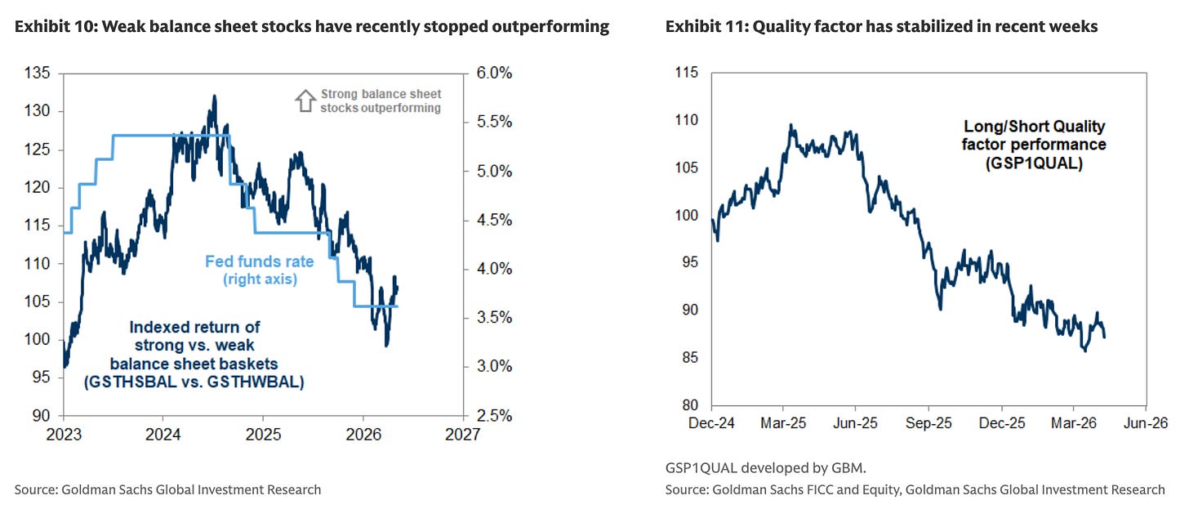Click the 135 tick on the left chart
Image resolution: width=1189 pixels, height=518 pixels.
pos(37,73)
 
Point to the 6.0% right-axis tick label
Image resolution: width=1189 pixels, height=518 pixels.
pos(494,73)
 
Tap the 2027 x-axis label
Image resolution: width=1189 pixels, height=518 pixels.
pos(462,435)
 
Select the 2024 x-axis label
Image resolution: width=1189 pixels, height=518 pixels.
pos(163,435)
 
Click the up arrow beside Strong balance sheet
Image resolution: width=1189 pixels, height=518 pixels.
pos(305,100)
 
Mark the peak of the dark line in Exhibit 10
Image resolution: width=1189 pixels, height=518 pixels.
pos(215,96)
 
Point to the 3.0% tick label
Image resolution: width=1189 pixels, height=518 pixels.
pos(494,366)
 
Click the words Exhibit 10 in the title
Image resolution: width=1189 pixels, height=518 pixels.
pos(56,27)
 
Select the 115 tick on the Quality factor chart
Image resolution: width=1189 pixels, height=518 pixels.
pos(686,72)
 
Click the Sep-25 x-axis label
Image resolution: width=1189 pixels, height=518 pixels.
pos(928,423)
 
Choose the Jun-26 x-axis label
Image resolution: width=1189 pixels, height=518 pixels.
pos(1146,423)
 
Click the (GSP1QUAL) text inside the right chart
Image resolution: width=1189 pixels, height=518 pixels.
pos(1034,163)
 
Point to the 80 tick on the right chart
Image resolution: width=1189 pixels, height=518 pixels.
pos(690,405)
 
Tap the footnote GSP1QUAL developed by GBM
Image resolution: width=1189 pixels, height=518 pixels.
pos(765,468)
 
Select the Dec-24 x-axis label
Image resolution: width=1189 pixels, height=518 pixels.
pos(711,423)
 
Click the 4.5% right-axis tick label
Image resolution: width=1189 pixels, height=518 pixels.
pos(494,220)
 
